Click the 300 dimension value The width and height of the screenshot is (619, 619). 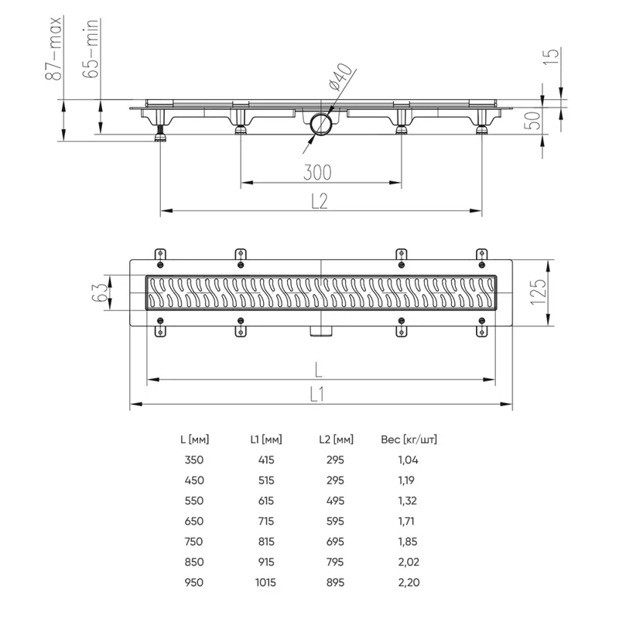[320, 171]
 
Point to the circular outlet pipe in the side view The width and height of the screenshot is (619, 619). [320, 123]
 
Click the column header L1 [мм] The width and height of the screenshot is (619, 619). [262, 439]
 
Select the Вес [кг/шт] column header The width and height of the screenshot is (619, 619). [409, 439]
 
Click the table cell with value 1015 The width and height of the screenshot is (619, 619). [262, 582]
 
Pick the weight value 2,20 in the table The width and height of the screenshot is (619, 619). [409, 582]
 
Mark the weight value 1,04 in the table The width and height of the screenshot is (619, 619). [409, 460]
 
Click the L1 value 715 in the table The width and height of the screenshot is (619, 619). [262, 521]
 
